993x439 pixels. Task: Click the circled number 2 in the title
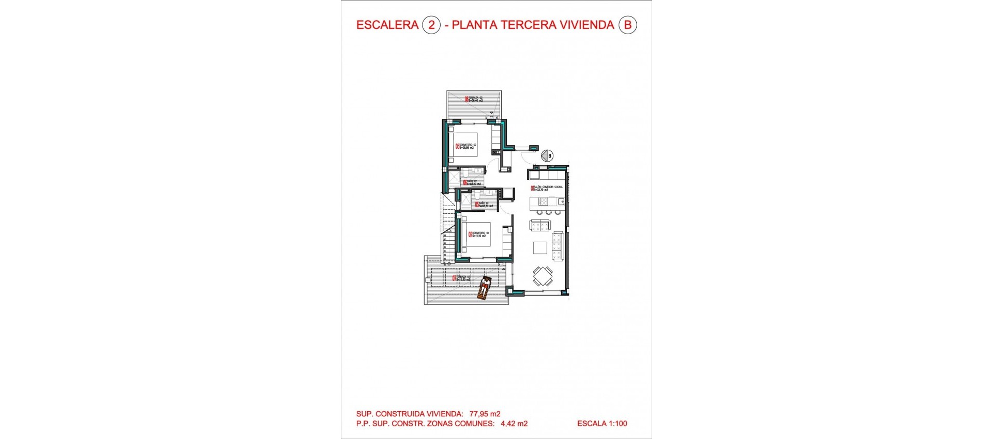[431, 25]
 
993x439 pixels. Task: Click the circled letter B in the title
[627, 25]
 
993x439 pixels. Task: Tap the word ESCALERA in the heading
[387, 25]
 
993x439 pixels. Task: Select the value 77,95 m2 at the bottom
[485, 414]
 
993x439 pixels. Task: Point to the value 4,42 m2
[514, 424]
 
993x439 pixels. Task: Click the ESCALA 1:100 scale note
[601, 424]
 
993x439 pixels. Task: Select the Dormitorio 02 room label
[466, 146]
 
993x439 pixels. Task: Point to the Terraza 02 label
[474, 99]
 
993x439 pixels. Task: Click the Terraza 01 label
[462, 278]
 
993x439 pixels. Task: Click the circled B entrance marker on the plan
[547, 155]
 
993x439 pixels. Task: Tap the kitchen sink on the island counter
[560, 201]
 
